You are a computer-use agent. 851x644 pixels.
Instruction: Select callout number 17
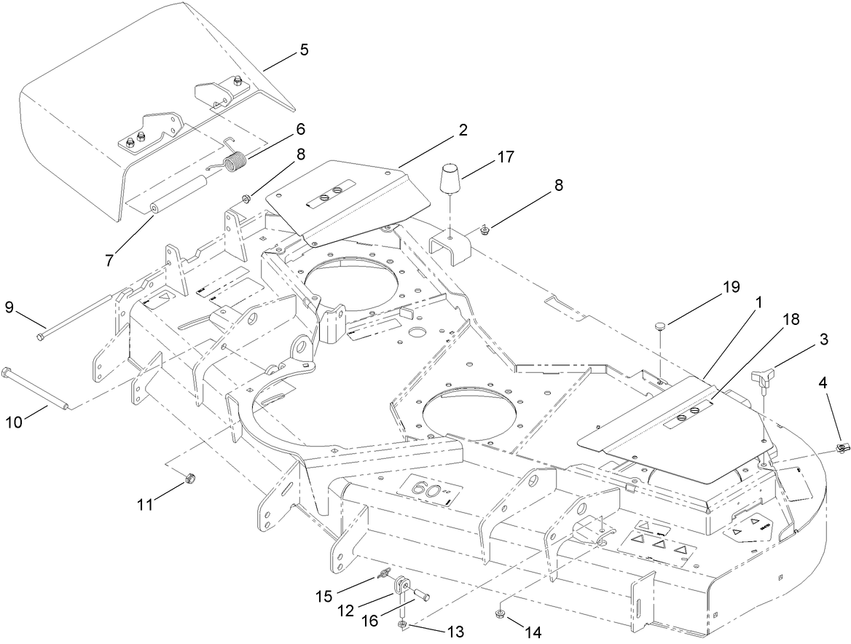point(506,156)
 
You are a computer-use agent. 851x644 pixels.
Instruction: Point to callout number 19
point(731,286)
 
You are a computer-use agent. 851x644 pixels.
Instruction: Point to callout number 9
point(9,308)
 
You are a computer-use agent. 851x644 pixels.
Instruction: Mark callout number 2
point(463,130)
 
